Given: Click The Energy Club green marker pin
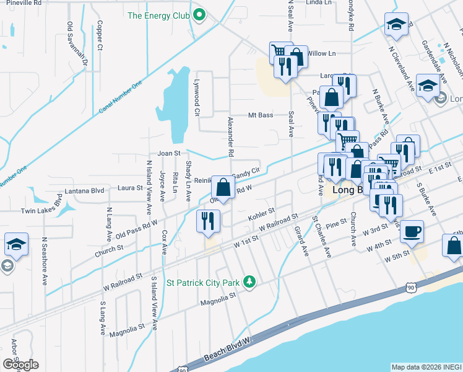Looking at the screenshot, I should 198,15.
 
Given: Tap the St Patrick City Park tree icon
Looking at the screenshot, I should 249,282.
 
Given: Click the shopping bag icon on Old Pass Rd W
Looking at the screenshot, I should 223,187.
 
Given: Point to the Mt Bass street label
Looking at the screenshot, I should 261,115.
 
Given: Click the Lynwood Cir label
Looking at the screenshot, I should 197,102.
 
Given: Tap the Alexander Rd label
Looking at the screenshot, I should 230,136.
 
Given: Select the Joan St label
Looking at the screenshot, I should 169,153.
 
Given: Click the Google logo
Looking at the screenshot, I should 20,364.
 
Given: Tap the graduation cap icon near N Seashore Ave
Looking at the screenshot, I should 16,243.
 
